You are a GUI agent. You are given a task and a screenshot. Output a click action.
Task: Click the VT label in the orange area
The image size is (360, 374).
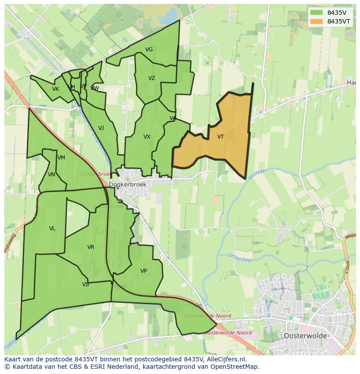tap(220, 137)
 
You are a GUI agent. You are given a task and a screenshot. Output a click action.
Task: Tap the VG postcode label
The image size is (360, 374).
tap(149, 50)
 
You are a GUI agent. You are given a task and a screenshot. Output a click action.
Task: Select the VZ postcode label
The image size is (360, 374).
tap(151, 78)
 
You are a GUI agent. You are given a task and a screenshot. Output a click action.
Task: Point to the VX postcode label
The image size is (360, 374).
tap(147, 137)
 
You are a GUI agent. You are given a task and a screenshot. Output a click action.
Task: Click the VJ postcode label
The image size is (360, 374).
tap(101, 128)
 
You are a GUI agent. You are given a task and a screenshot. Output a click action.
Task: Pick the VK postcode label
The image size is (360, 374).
tap(55, 89)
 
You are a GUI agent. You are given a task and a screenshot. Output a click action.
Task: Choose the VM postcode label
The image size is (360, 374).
tap(61, 158)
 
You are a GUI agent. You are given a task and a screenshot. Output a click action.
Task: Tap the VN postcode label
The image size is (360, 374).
tap(51, 175)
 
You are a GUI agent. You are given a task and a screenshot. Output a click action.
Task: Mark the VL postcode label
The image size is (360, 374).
tap(52, 228)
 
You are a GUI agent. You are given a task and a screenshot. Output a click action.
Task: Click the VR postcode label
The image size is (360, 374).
tap(90, 247)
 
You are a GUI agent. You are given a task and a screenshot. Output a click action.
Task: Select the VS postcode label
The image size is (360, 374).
tap(85, 285)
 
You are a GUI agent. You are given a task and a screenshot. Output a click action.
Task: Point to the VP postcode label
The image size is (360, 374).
tap(143, 271)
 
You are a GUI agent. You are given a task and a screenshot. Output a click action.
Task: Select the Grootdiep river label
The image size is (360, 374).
tap(240, 256)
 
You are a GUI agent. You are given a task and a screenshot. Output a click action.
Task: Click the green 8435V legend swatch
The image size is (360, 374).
tap(317, 13)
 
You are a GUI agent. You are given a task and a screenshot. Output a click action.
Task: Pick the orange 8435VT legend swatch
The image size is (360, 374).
tap(317, 21)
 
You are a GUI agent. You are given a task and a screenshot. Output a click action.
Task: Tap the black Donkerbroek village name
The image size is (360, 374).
tap(127, 184)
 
